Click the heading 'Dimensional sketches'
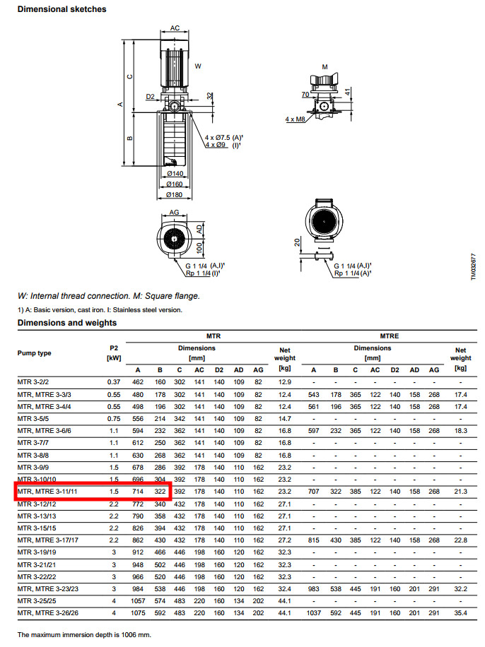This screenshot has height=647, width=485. tap(62, 9)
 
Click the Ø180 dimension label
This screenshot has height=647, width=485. tap(175, 195)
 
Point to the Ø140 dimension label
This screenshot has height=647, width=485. tap(175, 174)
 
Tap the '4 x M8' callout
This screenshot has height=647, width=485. tap(295, 119)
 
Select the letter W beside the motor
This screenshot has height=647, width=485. tap(198, 66)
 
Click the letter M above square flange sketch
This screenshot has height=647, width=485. tap(325, 67)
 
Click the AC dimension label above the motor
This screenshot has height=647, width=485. tap(175, 28)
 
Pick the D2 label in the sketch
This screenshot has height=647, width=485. tap(150, 97)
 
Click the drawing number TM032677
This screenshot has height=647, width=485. tap(474, 267)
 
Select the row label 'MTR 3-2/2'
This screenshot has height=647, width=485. tap(33, 382)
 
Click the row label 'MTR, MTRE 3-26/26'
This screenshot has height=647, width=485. tap(48, 613)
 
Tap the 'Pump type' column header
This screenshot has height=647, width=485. tap(34, 352)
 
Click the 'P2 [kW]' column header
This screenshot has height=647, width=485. tap(114, 353)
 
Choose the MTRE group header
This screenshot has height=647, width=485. tap(389, 336)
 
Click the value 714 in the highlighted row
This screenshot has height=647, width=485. tap(138, 492)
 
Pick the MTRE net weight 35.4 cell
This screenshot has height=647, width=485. tap(461, 613)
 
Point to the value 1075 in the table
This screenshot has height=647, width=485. tap(138, 613)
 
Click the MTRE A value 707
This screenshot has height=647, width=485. tap(314, 492)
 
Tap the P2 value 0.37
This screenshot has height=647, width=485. tap(114, 382)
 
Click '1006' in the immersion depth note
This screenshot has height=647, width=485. tap(129, 634)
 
